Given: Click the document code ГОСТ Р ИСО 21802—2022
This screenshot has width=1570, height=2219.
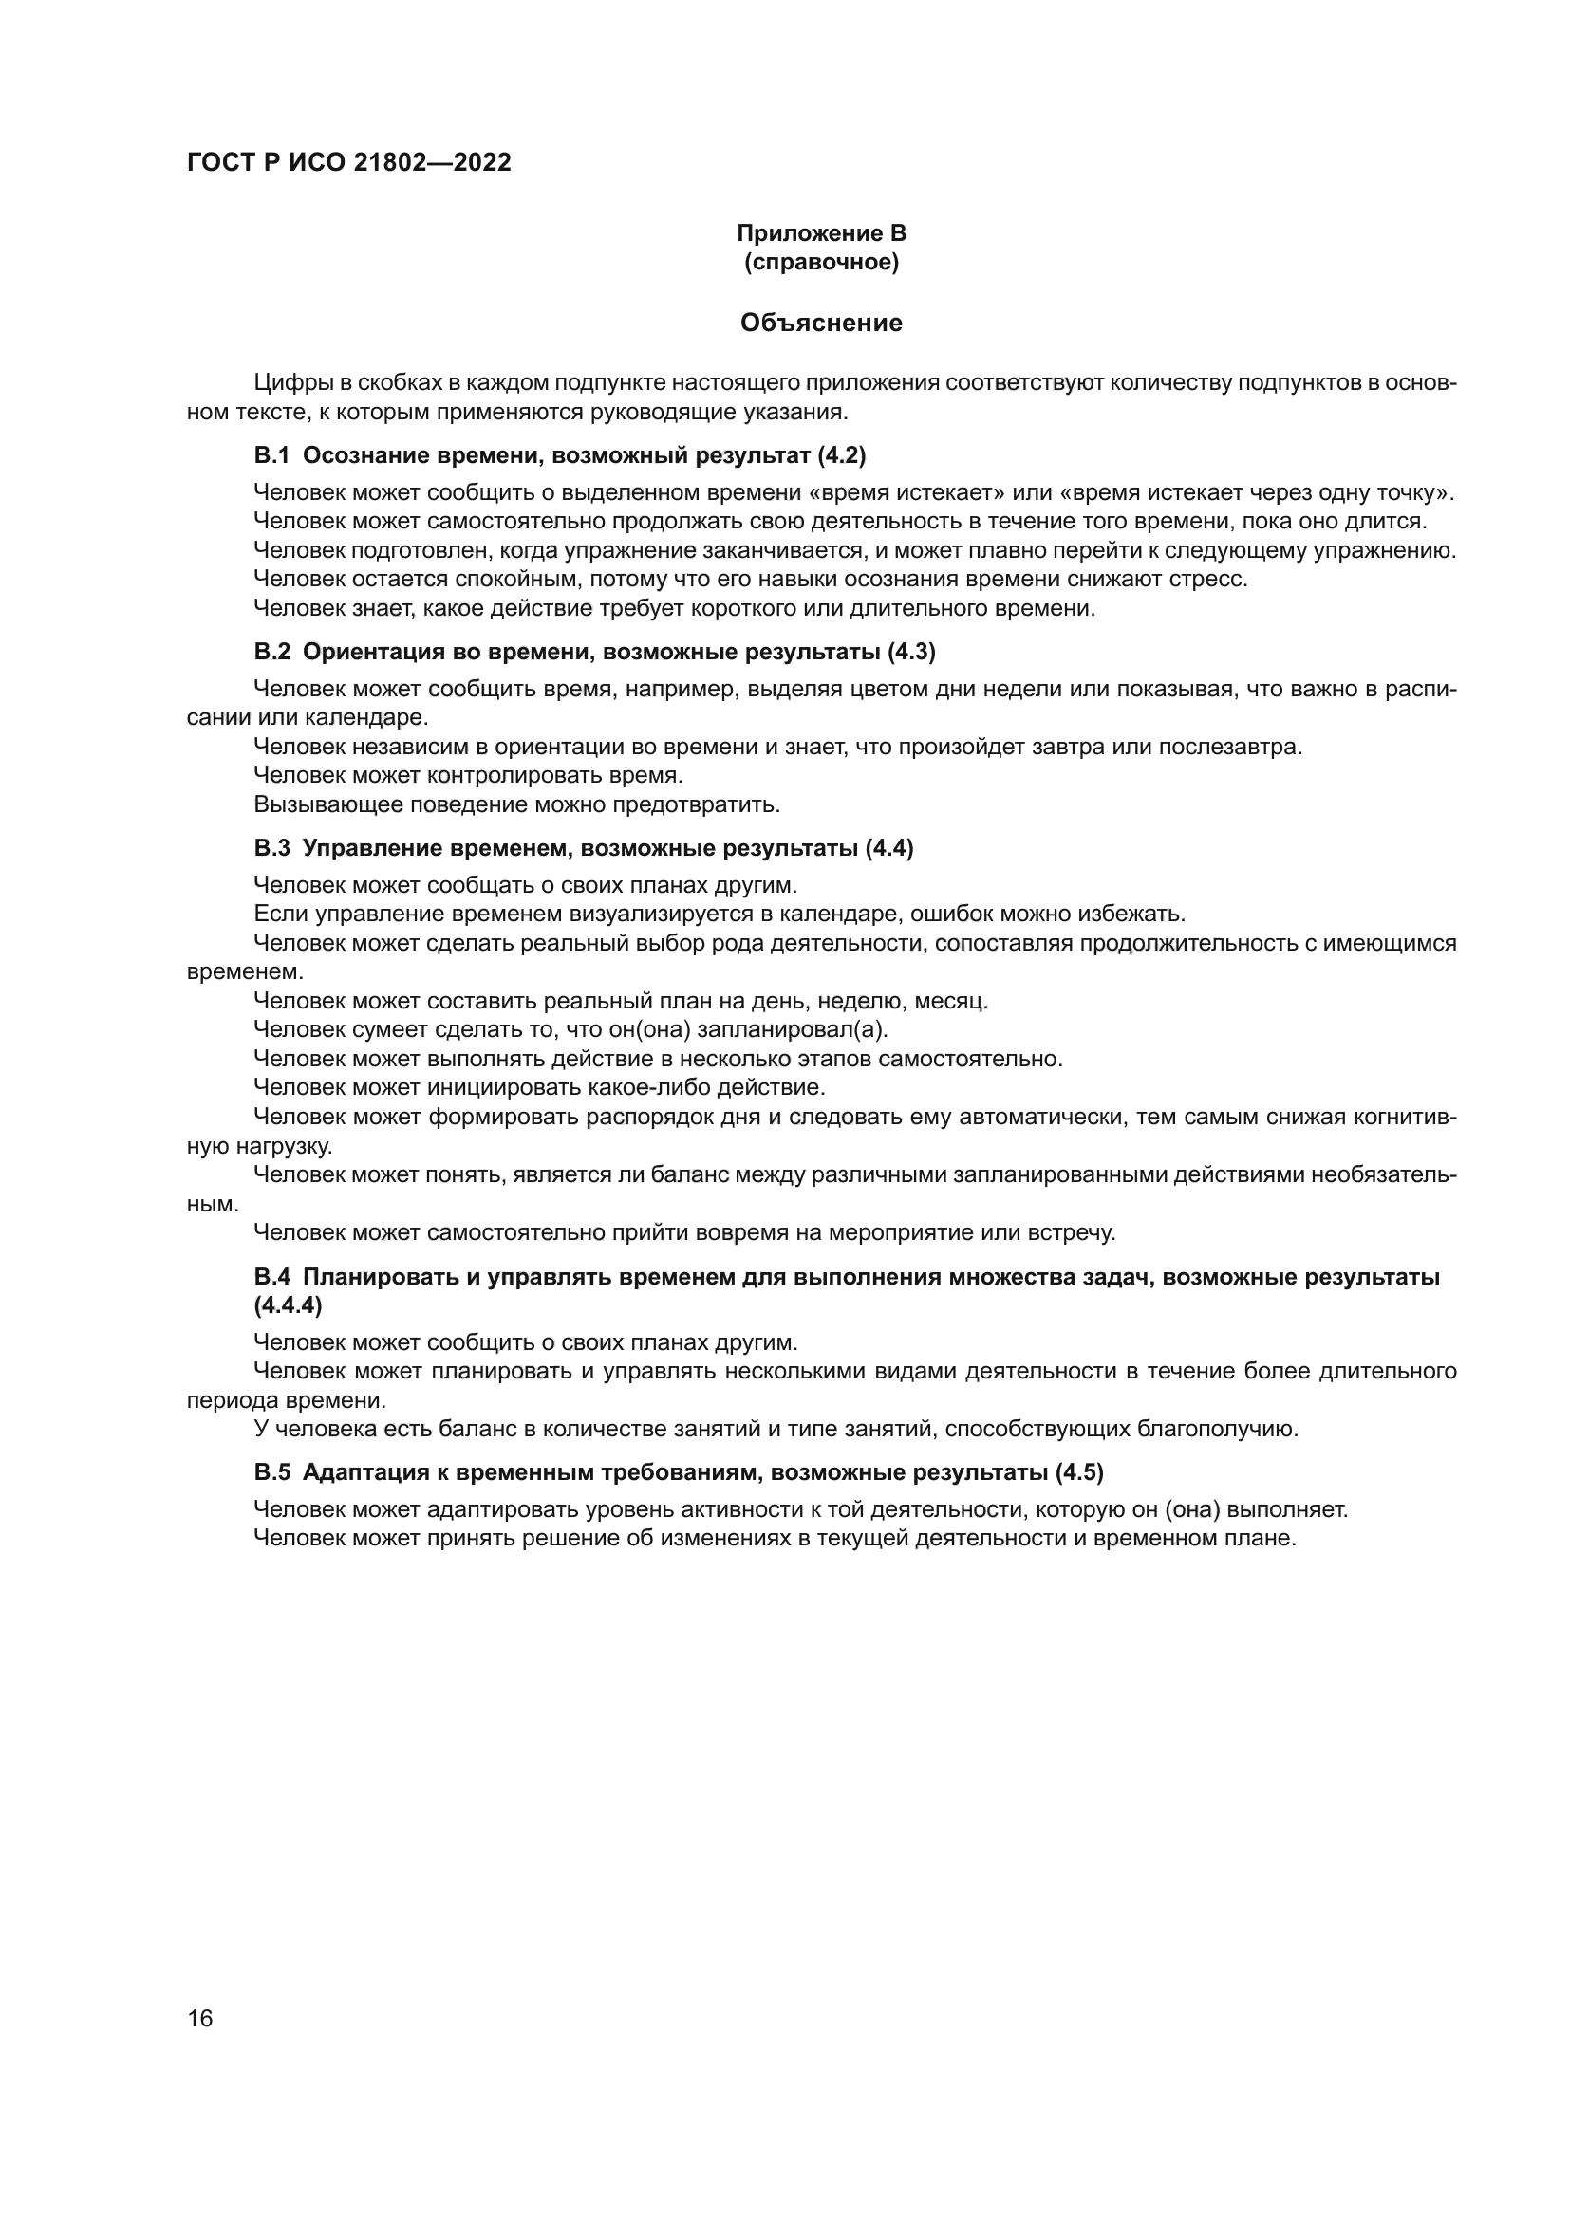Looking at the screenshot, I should point(349,163).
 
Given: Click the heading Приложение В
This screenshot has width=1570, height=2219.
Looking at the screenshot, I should point(821,233).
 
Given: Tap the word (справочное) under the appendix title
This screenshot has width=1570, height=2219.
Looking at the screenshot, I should point(821,262).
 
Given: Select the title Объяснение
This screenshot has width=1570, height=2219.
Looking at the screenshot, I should point(821,323).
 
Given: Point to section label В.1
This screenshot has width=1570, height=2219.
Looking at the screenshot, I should point(271,455).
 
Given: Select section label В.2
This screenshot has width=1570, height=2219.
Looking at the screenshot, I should point(271,652).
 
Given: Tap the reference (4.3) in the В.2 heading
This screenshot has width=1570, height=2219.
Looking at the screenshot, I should point(910,652).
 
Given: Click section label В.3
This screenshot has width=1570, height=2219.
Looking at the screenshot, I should point(271,847).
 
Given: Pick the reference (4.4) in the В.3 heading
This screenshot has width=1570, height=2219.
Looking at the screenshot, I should point(888,847).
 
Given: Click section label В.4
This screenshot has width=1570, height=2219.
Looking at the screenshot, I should point(271,1277).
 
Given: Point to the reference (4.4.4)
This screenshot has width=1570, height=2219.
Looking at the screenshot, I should point(289,1304).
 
